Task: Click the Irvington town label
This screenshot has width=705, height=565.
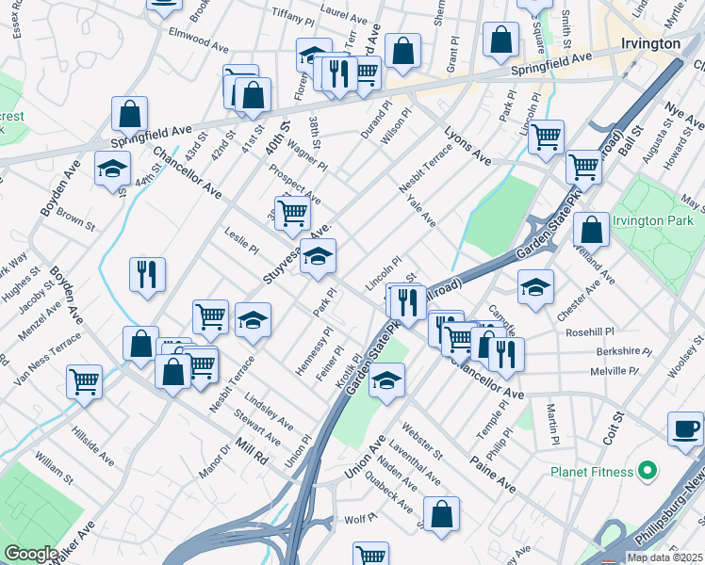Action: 651,44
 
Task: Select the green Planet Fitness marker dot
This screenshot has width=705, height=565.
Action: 647,469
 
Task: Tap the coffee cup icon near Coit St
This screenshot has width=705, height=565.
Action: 685,428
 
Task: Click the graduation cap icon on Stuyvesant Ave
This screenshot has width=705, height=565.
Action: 319,257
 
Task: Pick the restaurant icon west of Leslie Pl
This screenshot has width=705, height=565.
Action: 147,275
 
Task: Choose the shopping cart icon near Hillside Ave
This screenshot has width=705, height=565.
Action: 85,382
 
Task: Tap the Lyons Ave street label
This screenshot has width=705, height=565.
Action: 467,145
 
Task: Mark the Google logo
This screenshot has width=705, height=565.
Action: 31,554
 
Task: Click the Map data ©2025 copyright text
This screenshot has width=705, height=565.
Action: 663,557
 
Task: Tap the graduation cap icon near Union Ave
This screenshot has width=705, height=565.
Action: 385,382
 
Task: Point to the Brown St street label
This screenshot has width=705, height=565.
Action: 75,220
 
